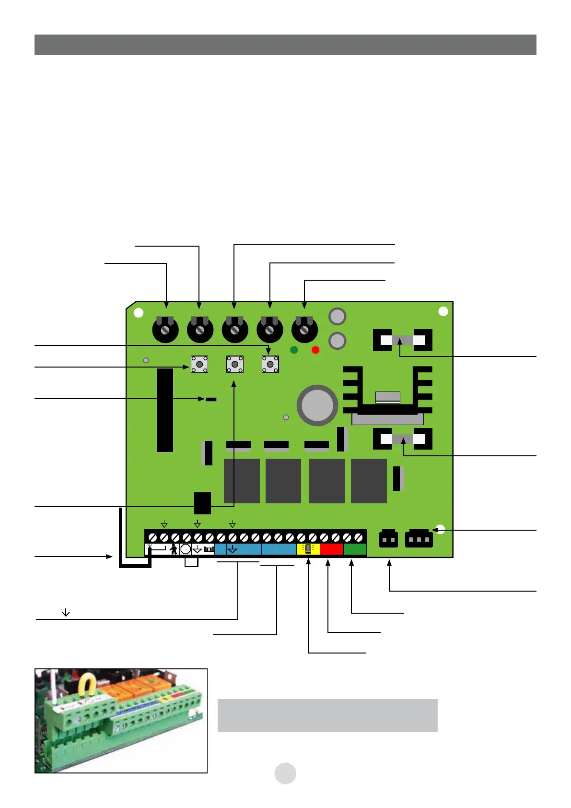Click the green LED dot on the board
tap(294, 350)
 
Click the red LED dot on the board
tap(315, 350)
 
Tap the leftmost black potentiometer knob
tap(165, 330)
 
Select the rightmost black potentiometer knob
tap(304, 330)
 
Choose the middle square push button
tap(234, 365)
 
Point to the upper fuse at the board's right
tap(402, 340)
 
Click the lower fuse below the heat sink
tap(402, 439)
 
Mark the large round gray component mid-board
tap(317, 405)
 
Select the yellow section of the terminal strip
tap(308, 549)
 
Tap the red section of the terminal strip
tap(331, 549)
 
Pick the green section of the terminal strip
tap(355, 549)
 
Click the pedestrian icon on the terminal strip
tap(174, 549)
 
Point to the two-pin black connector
tap(388, 539)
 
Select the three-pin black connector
tap(419, 539)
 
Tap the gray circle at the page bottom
tap(285, 773)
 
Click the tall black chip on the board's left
tap(165, 410)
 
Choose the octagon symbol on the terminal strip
tap(186, 549)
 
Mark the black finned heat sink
tap(387, 391)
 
